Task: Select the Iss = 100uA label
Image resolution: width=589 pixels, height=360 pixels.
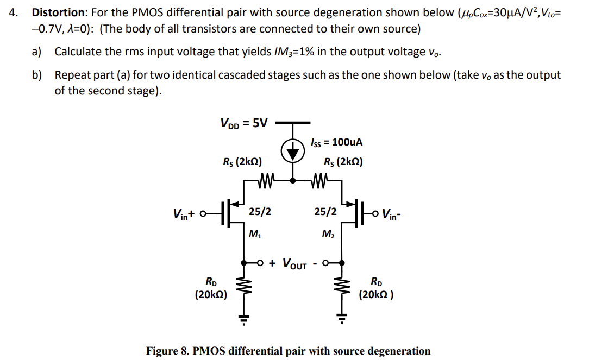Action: pyautogui.click(x=336, y=142)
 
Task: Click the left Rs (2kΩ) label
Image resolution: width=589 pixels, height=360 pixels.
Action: pyautogui.click(x=242, y=162)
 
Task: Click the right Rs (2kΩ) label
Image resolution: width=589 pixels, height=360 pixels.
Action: pyautogui.click(x=343, y=162)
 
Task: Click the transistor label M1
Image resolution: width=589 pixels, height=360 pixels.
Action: pyautogui.click(x=254, y=235)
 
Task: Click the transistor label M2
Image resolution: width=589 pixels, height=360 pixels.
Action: pyautogui.click(x=328, y=235)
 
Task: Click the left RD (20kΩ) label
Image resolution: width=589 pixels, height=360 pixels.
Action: pyautogui.click(x=211, y=288)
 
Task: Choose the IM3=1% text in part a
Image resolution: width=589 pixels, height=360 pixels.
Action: pyautogui.click(x=294, y=52)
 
